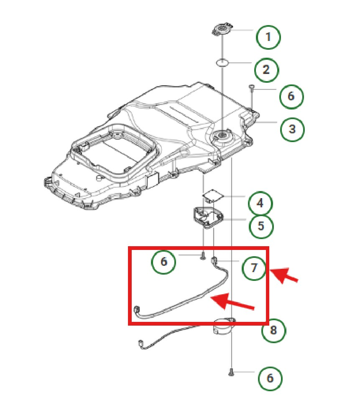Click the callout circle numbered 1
268,37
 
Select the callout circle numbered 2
266,69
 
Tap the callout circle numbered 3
292,129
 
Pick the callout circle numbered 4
260,204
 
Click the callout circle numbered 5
261,226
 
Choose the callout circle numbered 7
255,268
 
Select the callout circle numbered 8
273,331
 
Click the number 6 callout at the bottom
270,378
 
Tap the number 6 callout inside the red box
163,262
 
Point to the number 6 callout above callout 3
291,96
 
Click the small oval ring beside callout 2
223,63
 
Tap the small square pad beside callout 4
213,195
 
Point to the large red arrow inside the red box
232,302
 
